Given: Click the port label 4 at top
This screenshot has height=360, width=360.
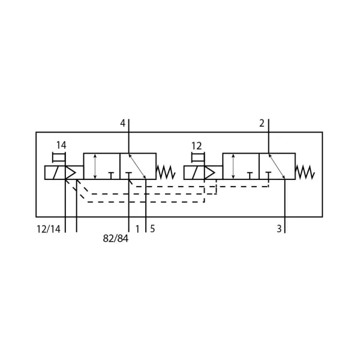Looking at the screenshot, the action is [x=123, y=124].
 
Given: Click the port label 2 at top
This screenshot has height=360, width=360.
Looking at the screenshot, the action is [x=262, y=124].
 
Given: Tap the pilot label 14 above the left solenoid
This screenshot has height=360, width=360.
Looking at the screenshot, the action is [x=61, y=145].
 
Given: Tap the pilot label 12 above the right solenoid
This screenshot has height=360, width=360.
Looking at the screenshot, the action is [x=197, y=146].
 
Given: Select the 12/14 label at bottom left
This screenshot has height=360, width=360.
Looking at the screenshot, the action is [x=49, y=229].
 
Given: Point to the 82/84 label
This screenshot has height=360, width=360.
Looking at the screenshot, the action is [x=115, y=239].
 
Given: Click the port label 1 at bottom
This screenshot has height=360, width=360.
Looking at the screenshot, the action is [x=137, y=229].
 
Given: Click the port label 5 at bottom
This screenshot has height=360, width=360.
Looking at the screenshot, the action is [x=152, y=229].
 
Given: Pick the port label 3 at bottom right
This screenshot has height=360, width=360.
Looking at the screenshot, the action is [x=279, y=229].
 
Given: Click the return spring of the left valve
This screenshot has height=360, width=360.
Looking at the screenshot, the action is [x=166, y=172].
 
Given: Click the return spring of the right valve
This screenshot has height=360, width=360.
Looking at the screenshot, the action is [x=305, y=172].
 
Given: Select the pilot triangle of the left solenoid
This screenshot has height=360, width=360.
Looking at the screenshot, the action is [x=70, y=172].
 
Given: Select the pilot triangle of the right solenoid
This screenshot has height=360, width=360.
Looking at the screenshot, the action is [x=209, y=172].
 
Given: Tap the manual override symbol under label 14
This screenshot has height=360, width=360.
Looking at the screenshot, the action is [x=59, y=157].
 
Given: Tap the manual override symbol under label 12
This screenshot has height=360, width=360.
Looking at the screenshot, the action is [x=198, y=157].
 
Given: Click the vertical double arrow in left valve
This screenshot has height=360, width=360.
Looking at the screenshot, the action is [x=95, y=166].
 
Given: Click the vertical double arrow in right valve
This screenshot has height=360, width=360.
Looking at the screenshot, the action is [x=233, y=166].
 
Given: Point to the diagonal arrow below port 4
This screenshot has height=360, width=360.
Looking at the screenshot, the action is [x=137, y=166].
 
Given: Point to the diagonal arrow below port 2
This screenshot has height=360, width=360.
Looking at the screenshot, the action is [x=277, y=166].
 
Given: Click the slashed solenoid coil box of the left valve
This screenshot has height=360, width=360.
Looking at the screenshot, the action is [x=55, y=173].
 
